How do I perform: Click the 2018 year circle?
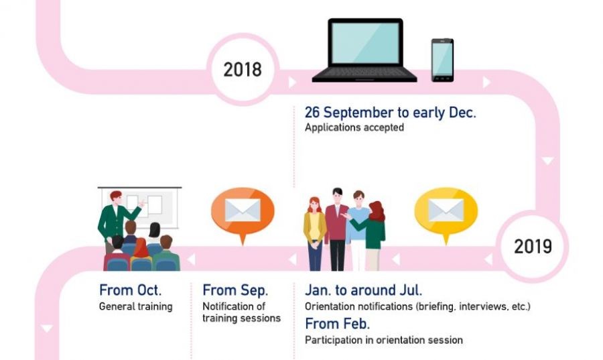click(x=243, y=69)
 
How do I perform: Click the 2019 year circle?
click(x=533, y=247)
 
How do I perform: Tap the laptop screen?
click(x=365, y=43)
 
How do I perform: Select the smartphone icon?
click(x=442, y=60)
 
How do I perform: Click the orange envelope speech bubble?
click(x=243, y=212)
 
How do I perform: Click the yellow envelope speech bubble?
click(x=446, y=212)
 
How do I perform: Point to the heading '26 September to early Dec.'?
click(x=391, y=113)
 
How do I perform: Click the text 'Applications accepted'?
click(x=354, y=127)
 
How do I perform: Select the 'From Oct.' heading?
click(x=131, y=290)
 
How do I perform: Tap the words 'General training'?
click(x=136, y=306)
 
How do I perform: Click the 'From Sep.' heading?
click(x=235, y=290)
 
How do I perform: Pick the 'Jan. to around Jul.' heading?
click(x=363, y=290)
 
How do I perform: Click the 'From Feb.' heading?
click(x=337, y=324)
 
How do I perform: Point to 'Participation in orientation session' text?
click(x=384, y=340)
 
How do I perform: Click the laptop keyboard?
click(x=364, y=72)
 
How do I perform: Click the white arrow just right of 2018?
click(x=292, y=82)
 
